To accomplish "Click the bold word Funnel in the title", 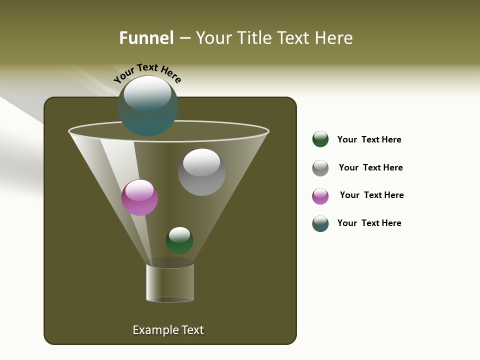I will [x=146, y=38].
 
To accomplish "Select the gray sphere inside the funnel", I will [x=201, y=172].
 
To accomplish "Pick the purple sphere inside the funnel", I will [x=139, y=197].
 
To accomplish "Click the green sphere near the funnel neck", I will [x=179, y=240].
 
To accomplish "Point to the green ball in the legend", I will [x=320, y=139].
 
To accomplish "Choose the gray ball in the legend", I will [x=320, y=168].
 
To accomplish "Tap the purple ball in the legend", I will [x=320, y=196].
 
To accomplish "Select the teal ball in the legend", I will [x=320, y=223].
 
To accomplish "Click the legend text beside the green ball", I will [x=369, y=139].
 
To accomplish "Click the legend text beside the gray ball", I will [x=370, y=167].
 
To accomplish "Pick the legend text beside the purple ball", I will [x=371, y=195].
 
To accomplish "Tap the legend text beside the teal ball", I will [x=369, y=223].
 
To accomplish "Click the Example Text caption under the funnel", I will [x=168, y=330].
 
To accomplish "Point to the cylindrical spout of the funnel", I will [x=170, y=282].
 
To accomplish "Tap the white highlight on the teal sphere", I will [x=147, y=93].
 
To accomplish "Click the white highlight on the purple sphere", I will [x=139, y=190].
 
